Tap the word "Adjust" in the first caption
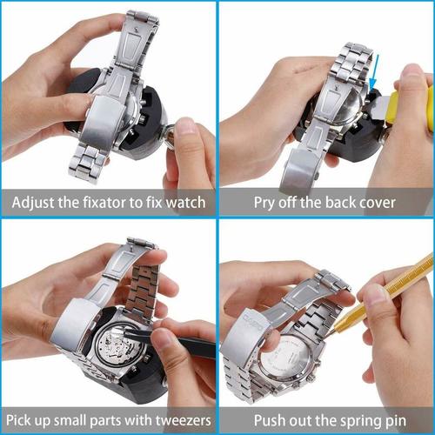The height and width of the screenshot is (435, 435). click(x=35, y=204)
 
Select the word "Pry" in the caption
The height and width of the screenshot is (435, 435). click(x=265, y=204)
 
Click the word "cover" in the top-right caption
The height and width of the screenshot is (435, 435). click(x=375, y=204)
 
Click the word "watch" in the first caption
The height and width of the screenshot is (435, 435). click(x=185, y=204)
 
